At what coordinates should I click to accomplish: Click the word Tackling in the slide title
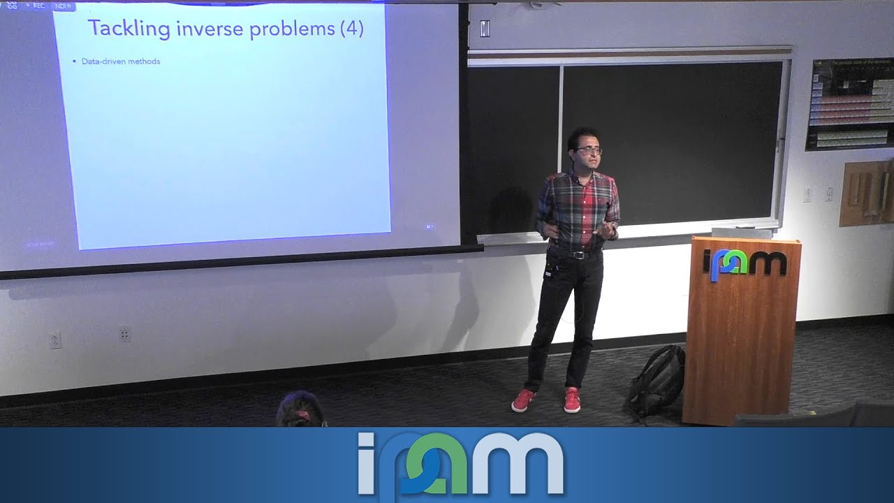click(x=129, y=29)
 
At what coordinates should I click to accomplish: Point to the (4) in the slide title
click(x=352, y=29)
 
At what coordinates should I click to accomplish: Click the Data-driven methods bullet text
click(x=121, y=61)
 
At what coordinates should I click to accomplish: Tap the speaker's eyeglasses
click(x=589, y=150)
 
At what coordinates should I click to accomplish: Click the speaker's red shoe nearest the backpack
click(x=572, y=400)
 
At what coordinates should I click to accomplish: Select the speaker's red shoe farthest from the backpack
click(x=522, y=400)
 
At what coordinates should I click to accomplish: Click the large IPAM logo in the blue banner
click(x=460, y=463)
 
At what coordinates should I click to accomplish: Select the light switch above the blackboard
click(x=485, y=29)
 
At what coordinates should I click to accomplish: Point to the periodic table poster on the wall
click(x=850, y=103)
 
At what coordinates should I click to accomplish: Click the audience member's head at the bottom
click(x=300, y=411)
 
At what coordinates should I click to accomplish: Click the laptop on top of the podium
click(x=742, y=232)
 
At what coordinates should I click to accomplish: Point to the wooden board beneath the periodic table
click(x=866, y=193)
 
